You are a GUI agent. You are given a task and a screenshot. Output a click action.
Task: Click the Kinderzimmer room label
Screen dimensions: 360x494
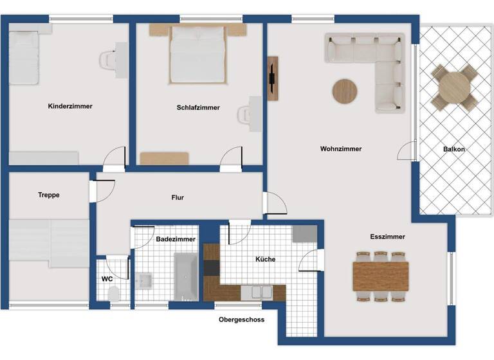pyautogui.click(x=70, y=106)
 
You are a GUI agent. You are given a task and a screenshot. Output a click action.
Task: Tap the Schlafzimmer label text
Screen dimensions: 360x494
pyautogui.click(x=198, y=107)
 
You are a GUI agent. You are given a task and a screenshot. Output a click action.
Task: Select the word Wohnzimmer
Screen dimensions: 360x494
pyautogui.click(x=341, y=148)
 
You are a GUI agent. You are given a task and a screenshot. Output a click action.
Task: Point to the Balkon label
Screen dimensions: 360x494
pyautogui.click(x=453, y=149)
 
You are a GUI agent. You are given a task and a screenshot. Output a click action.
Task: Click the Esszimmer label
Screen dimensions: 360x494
pyautogui.click(x=387, y=237)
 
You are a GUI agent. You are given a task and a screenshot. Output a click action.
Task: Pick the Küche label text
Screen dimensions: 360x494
pyautogui.click(x=265, y=259)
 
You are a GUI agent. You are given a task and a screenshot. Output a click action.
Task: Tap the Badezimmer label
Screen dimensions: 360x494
pyautogui.click(x=176, y=239)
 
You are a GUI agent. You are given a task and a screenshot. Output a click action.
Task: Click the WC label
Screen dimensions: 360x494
pyautogui.click(x=107, y=279)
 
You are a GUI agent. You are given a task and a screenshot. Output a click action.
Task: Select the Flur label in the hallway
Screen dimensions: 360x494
pyautogui.click(x=178, y=197)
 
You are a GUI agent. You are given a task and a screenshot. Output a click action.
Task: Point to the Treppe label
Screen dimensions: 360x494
pyautogui.click(x=49, y=195)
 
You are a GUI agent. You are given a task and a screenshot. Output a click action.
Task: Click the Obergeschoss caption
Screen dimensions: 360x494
pyautogui.click(x=241, y=319)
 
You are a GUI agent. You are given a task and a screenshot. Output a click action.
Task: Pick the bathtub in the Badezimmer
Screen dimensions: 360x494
pyautogui.click(x=185, y=276)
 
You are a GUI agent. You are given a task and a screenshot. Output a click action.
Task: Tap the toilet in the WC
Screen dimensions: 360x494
pyautogui.click(x=114, y=294)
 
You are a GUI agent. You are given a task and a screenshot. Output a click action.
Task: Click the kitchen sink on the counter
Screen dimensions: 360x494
pyautogui.click(x=261, y=292)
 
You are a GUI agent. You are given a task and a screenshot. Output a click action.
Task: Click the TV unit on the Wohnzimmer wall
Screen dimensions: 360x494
pyautogui.click(x=273, y=78)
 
